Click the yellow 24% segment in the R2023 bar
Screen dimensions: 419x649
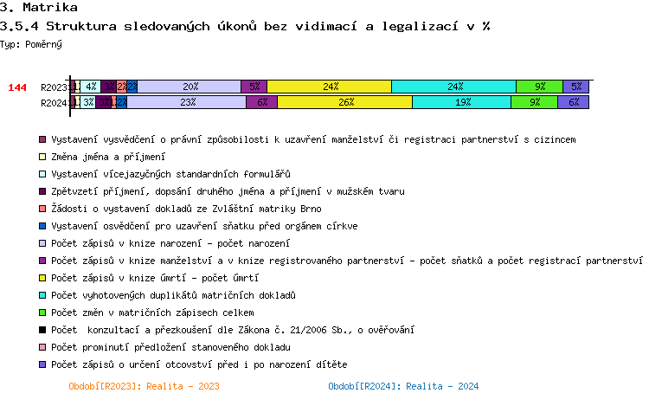tap(329, 87)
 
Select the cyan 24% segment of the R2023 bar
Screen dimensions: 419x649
tap(453, 87)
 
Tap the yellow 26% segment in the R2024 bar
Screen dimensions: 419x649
tap(345, 102)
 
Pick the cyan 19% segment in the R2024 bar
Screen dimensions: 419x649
tap(461, 102)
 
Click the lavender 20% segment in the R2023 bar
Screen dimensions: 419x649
tap(190, 87)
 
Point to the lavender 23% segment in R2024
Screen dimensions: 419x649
tap(187, 102)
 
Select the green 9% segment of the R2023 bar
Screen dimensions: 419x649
tap(539, 87)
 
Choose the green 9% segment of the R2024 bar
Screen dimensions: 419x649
tap(534, 102)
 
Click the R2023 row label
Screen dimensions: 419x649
tap(55, 87)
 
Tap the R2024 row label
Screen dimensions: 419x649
tap(55, 103)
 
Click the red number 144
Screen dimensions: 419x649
tap(17, 87)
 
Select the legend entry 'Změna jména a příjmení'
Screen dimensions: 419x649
tap(107, 157)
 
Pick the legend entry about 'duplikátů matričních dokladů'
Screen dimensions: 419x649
tap(173, 295)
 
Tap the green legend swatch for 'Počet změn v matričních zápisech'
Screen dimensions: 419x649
tap(42, 313)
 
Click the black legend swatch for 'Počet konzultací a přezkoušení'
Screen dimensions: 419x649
tap(42, 330)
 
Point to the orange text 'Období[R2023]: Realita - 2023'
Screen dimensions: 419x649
tap(144, 386)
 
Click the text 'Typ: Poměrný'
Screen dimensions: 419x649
tap(30, 43)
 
